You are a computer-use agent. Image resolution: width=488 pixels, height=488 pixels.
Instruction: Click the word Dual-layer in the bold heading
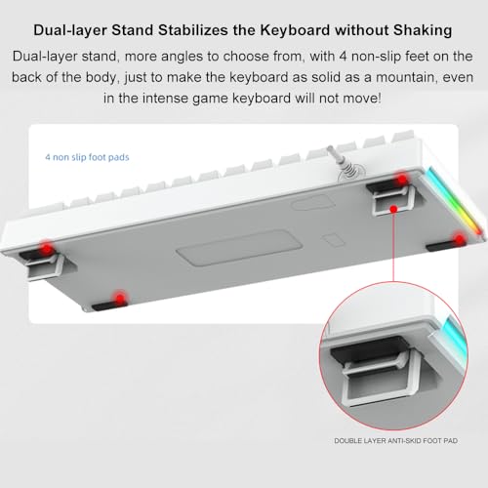pos(70,30)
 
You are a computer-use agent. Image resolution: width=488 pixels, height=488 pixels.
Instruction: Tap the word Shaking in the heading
pos(423,30)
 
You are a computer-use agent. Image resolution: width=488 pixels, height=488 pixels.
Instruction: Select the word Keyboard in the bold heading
pos(295,30)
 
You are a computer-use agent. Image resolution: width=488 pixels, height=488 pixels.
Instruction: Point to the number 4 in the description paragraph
pos(344,57)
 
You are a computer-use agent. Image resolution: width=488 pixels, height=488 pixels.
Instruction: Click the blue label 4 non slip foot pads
pos(87,157)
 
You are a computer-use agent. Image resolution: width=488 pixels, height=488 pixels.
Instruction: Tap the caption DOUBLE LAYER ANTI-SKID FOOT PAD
pos(396,441)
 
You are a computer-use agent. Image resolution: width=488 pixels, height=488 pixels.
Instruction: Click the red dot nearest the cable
pos(402,179)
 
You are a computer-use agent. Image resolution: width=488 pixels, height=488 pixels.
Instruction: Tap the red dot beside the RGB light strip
pos(460,240)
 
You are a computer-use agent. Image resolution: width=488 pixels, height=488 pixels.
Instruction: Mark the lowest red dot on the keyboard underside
pos(120,299)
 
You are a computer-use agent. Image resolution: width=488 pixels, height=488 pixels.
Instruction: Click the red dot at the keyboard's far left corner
pos(47,249)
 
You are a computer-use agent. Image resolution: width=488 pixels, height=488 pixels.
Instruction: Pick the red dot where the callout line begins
pos(393,209)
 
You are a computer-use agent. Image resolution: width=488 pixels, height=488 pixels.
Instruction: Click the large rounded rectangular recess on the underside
pos(240,247)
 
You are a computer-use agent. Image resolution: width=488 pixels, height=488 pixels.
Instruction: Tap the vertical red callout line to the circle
pos(393,246)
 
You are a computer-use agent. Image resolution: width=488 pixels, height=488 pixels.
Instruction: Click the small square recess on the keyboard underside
pos(334,240)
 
